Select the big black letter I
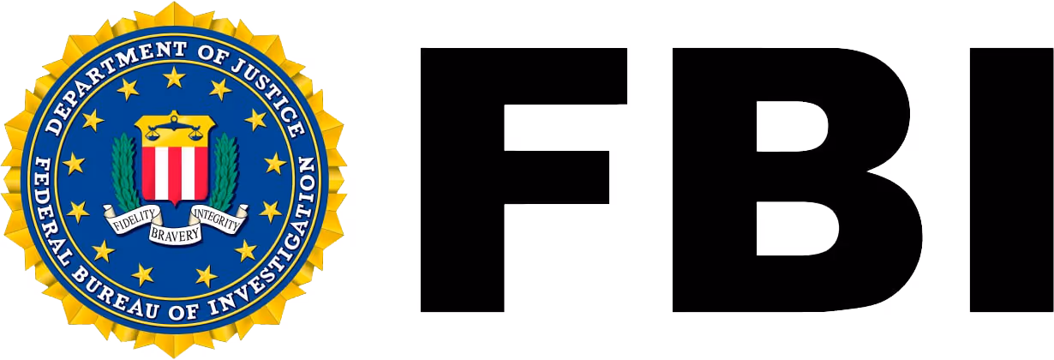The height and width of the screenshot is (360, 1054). [1012, 179]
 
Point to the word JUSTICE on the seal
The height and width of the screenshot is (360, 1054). [272, 94]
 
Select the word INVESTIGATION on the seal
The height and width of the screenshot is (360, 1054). [272, 249]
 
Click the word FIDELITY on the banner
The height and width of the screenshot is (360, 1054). [133, 220]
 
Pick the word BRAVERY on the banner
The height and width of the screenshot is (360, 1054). [175, 234]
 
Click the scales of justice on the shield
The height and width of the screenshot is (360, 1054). [175, 129]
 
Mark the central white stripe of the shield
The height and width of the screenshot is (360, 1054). [175, 174]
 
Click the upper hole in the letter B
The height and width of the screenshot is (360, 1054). [790, 126]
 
